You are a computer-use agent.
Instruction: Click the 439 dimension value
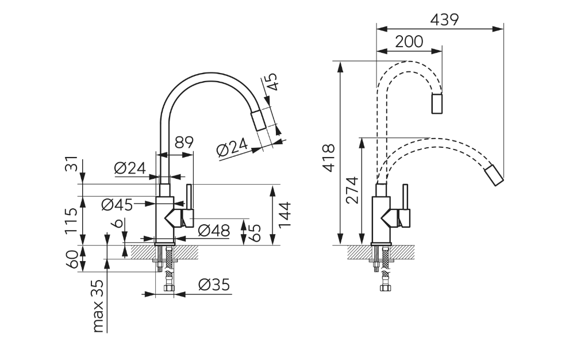click(x=444, y=20)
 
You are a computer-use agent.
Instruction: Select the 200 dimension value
click(x=409, y=41)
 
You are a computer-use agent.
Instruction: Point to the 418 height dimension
click(x=329, y=158)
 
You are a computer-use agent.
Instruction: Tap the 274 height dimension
click(x=352, y=190)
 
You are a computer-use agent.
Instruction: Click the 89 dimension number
click(x=184, y=142)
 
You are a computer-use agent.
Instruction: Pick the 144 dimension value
click(x=284, y=215)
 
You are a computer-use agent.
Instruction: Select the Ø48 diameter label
click(x=214, y=231)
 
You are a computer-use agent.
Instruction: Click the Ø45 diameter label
click(x=117, y=205)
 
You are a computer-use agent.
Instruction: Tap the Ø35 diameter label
click(x=214, y=284)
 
